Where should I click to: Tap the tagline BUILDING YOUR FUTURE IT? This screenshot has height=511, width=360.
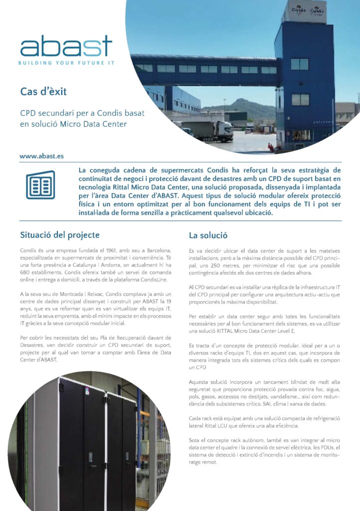point(66,63)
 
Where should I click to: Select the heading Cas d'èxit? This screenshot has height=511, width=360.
point(43,91)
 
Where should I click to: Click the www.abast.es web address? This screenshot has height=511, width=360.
point(42,156)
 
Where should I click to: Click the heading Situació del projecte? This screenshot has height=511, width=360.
point(60,235)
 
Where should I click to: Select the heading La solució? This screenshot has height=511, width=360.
point(208,235)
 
